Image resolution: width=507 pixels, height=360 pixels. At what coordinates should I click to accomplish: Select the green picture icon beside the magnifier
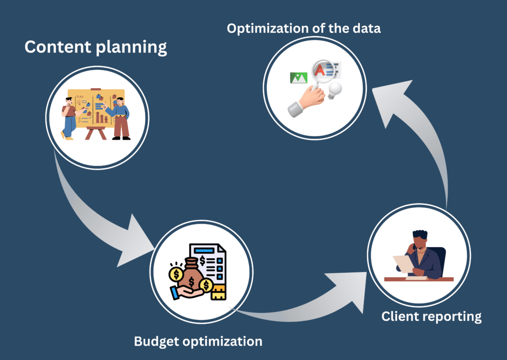(298, 77)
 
